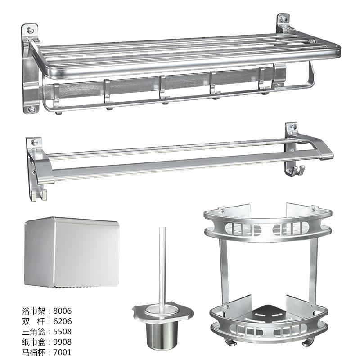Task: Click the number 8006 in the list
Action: (x=63, y=311)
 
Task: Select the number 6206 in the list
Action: (x=63, y=321)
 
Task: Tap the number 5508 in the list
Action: (x=63, y=332)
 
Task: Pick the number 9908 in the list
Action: (x=63, y=342)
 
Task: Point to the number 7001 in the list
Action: (x=63, y=352)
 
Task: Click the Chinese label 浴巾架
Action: (x=34, y=311)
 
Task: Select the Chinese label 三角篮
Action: (x=34, y=332)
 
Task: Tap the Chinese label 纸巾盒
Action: (x=34, y=342)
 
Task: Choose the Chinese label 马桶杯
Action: (x=34, y=352)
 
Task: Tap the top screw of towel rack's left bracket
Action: (x=31, y=30)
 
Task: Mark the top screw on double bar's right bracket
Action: (x=292, y=127)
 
